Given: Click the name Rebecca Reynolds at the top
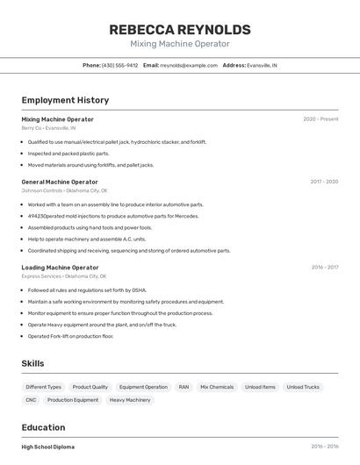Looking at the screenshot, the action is [x=179, y=30].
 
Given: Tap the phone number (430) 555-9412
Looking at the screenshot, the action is [x=119, y=65].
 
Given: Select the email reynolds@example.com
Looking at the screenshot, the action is [x=189, y=65].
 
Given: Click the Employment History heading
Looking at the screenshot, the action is [x=65, y=101].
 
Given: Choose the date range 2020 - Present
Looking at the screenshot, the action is [x=320, y=119].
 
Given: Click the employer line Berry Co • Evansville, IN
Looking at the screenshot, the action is [x=48, y=128].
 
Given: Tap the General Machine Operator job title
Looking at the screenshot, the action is [x=60, y=182].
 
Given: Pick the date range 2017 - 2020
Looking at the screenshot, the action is [x=324, y=182].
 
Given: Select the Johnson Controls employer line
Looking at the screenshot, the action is [x=64, y=190].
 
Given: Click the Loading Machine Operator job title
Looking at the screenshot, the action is [x=60, y=268].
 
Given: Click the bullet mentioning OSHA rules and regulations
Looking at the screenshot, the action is [x=87, y=290].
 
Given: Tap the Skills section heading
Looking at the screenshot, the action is [x=32, y=363].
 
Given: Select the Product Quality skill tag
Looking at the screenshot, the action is [x=90, y=387].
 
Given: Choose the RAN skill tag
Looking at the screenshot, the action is [x=184, y=387].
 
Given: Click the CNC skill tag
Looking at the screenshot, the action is [x=31, y=400].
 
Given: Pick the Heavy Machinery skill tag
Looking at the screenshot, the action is [x=130, y=400].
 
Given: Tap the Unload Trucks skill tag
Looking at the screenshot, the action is [x=303, y=387].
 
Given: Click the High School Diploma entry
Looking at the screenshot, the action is [x=48, y=447].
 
